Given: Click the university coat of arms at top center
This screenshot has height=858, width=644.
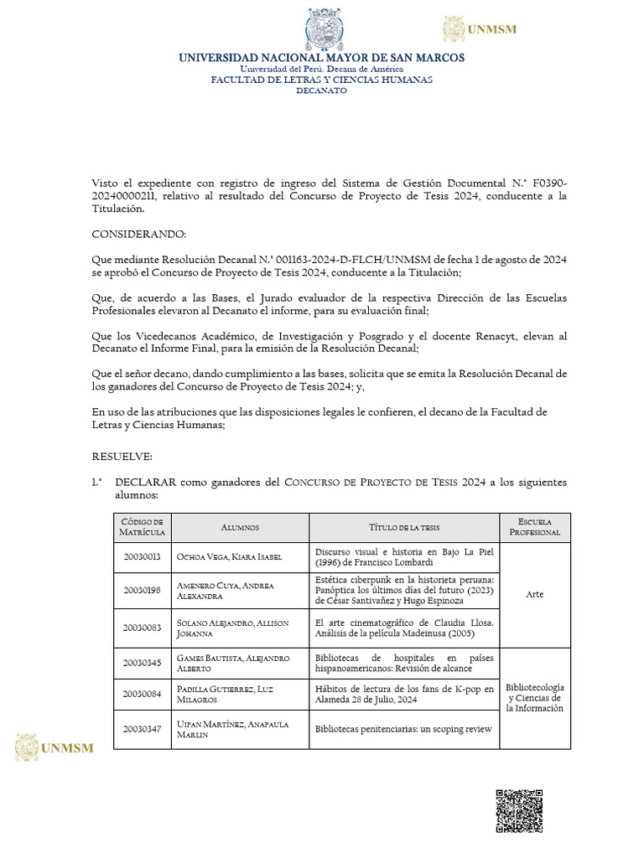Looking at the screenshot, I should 323,30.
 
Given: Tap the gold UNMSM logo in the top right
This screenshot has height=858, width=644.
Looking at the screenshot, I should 480,29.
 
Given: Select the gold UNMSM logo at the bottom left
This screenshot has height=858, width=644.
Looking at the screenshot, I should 54,747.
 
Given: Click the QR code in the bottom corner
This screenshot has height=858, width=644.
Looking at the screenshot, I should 519,810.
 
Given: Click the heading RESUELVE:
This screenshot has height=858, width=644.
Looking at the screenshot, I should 122,457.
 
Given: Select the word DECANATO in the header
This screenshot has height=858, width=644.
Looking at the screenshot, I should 321,90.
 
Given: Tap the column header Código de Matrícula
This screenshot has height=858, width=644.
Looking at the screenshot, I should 143,527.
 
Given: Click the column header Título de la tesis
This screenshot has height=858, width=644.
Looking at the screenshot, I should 404,527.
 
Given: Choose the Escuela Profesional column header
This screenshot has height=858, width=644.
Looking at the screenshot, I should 534,527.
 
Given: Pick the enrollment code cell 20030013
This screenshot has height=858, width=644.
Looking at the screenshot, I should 143,557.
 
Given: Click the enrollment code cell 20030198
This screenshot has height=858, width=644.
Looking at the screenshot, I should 143,591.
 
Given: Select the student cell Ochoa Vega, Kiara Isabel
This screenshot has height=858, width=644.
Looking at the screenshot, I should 229,557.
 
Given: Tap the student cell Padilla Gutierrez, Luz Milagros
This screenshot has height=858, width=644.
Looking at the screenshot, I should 224,694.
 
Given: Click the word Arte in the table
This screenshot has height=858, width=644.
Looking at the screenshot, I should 534,594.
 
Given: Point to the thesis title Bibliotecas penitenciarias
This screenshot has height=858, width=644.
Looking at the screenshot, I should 402,729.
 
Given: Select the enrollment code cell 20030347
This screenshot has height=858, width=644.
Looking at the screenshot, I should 143,729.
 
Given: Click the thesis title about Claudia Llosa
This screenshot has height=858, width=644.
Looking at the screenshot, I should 404,628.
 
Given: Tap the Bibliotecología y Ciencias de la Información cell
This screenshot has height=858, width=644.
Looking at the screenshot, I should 534,697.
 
